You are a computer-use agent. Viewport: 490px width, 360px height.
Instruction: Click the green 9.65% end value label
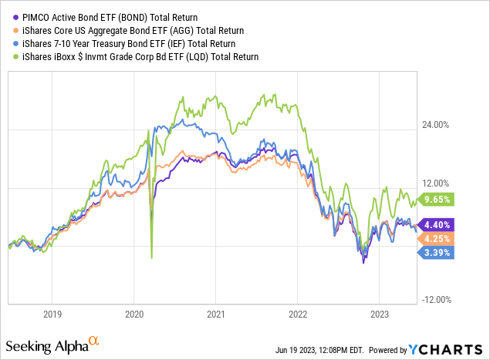tap(437, 199)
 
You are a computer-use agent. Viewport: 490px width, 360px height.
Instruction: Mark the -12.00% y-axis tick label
tap(435, 301)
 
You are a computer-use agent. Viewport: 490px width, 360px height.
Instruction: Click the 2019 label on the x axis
tap(52, 315)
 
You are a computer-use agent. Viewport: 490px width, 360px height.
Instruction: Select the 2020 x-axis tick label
tap(134, 315)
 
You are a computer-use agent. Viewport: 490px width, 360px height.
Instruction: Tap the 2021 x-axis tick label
tap(216, 315)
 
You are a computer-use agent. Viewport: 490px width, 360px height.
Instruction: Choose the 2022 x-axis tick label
tap(298, 315)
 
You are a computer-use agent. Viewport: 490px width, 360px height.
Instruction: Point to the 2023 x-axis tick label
tap(380, 315)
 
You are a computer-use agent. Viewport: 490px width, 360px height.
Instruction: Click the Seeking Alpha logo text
tap(51, 345)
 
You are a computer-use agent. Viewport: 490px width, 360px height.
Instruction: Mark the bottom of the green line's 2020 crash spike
tap(151, 257)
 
